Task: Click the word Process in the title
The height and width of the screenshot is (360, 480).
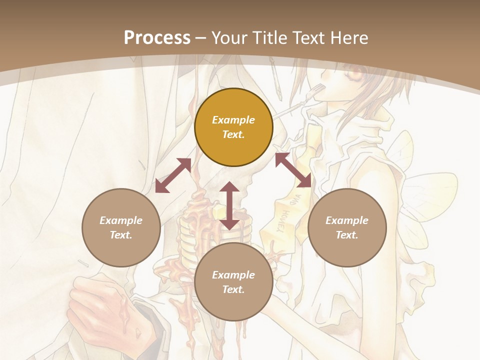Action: point(157,38)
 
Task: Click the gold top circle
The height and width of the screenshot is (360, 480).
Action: point(233,127)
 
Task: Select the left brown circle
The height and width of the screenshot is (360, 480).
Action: point(121,227)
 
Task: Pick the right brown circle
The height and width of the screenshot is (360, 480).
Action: point(347,227)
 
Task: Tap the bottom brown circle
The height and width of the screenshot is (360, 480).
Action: point(233,282)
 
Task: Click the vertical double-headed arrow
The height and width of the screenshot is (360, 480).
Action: point(229,205)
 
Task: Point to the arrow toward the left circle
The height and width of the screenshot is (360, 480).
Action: point(173,175)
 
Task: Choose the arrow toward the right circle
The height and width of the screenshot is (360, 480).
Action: point(293,170)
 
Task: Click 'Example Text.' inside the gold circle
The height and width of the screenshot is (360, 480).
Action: point(233,127)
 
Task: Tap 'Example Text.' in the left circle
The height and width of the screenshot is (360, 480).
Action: point(121,227)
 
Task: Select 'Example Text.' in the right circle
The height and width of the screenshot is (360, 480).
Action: point(347,227)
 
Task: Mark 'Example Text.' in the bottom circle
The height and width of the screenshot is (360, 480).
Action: point(233,282)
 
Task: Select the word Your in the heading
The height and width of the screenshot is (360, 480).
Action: point(229,38)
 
